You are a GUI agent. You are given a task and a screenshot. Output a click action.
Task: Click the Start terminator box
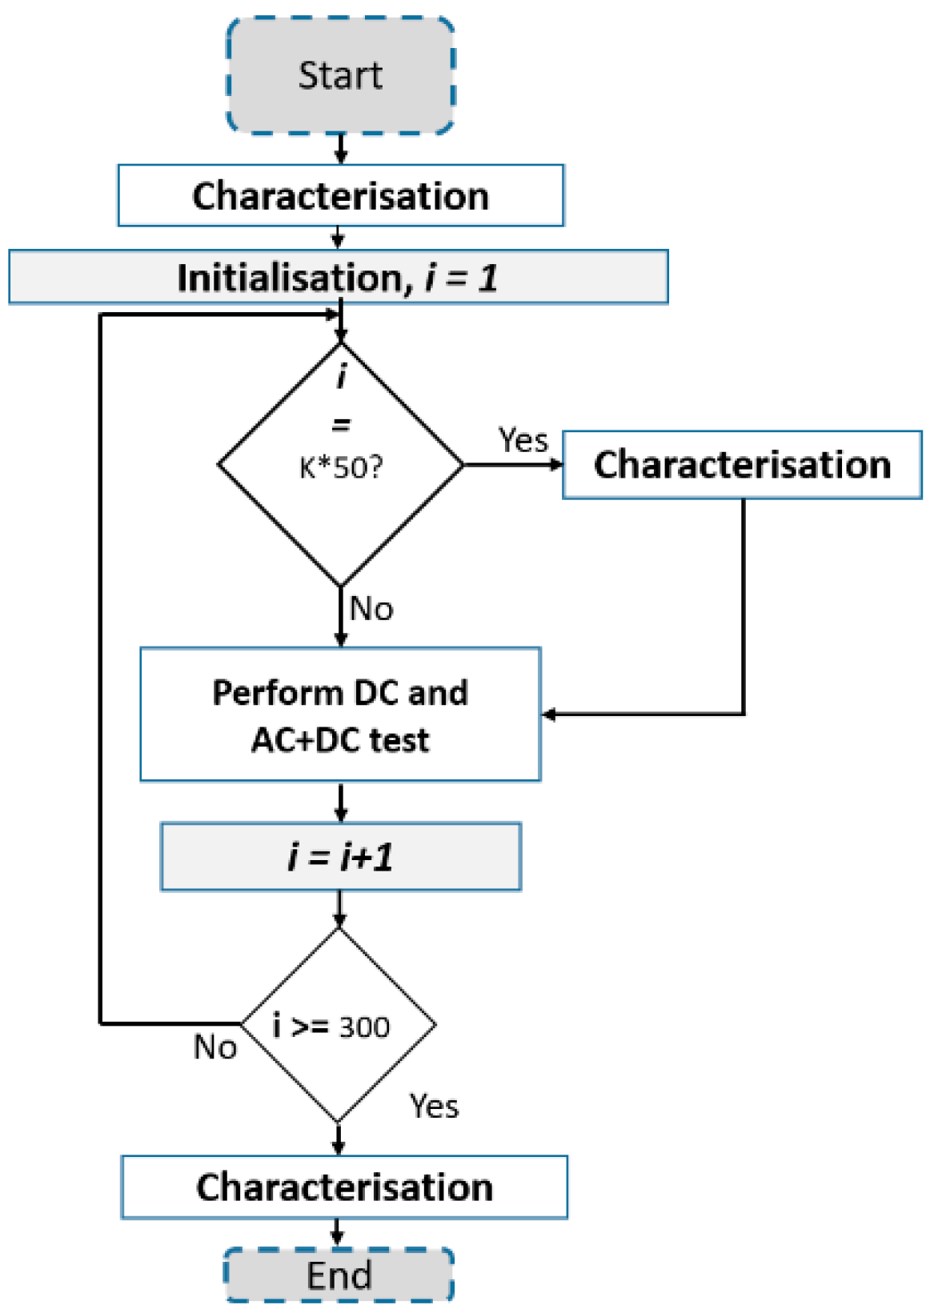[x=340, y=75]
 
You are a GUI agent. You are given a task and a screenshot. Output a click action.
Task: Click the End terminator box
[x=339, y=1275]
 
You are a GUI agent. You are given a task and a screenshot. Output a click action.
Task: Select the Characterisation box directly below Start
[x=340, y=196]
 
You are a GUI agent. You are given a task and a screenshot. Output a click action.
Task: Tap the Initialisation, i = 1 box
[x=338, y=278]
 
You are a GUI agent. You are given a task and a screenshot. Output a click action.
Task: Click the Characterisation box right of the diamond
[x=742, y=465]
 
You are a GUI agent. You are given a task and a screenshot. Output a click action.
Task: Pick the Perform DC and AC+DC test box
[x=340, y=715]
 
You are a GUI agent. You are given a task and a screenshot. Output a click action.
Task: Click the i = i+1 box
[x=340, y=857]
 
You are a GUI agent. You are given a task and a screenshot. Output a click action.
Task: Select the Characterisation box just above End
[x=344, y=1187]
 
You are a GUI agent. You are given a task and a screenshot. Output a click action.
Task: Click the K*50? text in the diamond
[x=341, y=467]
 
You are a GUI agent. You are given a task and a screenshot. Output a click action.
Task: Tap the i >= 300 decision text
[x=331, y=1026]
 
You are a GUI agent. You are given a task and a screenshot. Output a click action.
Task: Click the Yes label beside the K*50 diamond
[x=523, y=440]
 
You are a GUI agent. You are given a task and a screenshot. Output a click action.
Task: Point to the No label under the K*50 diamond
[x=371, y=609]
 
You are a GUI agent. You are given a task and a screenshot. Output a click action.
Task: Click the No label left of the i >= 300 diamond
[x=215, y=1047]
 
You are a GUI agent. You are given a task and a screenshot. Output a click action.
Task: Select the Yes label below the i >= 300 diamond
[x=434, y=1107]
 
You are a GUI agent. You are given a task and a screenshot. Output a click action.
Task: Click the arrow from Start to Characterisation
[x=340, y=149]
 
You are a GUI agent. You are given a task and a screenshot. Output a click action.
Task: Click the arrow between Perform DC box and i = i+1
[x=340, y=802]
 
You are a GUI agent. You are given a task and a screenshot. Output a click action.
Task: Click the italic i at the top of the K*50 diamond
[x=342, y=374]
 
